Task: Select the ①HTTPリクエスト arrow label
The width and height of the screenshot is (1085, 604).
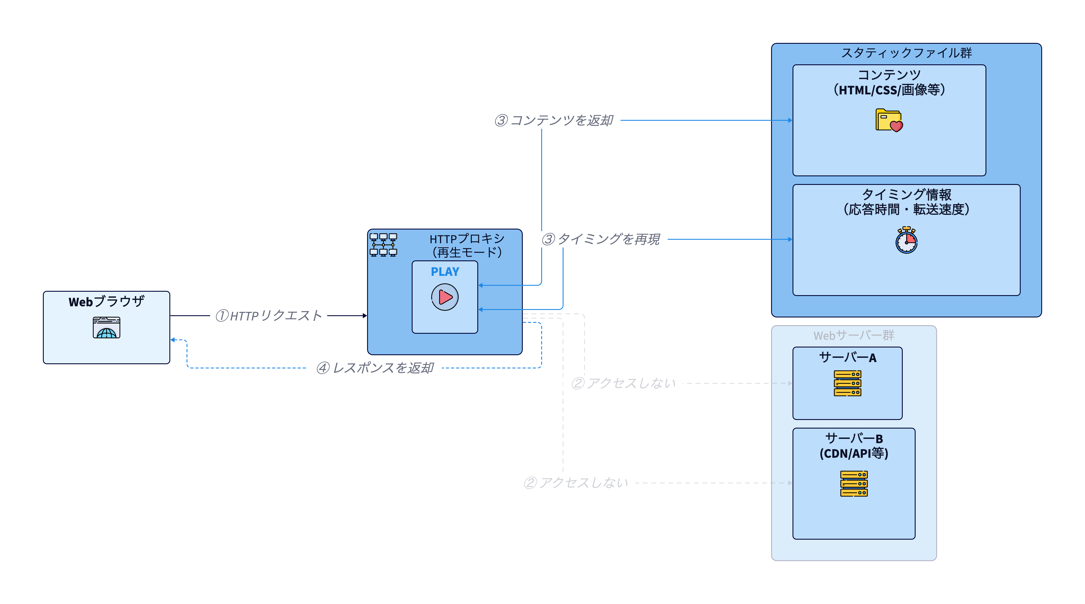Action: click(x=269, y=316)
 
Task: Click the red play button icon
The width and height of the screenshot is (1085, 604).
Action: click(x=445, y=297)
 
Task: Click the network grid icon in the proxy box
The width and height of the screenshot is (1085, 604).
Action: click(x=383, y=245)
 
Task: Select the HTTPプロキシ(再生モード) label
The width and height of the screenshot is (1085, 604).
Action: click(x=467, y=246)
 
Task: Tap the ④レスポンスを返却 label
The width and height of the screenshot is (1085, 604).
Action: click(x=374, y=368)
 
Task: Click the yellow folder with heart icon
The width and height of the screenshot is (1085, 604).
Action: click(x=889, y=121)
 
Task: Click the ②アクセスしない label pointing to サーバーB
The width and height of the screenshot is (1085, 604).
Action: click(x=576, y=483)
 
